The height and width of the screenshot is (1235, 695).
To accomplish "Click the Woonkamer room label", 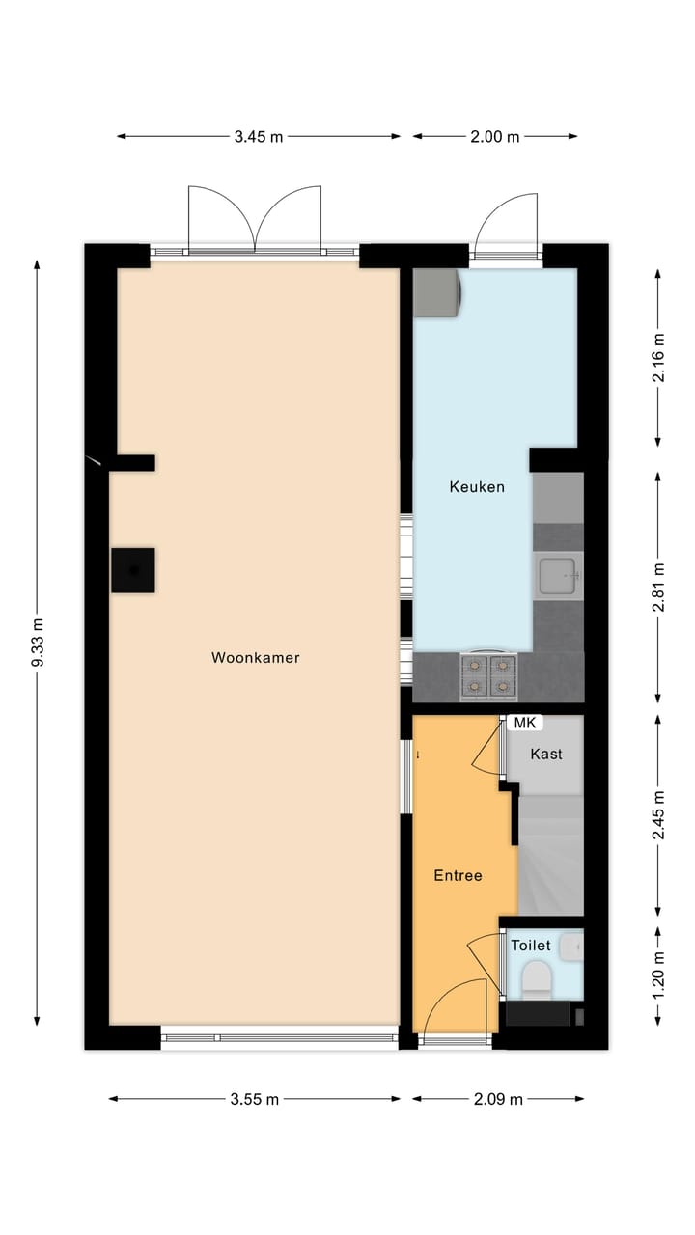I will click(x=255, y=658).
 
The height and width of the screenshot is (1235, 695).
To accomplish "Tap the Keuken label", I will click(x=477, y=487).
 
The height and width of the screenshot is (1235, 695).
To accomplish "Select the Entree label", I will click(x=458, y=876).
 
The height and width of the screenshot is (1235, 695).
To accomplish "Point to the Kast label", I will click(x=546, y=755).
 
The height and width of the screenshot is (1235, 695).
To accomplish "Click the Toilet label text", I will click(x=531, y=946).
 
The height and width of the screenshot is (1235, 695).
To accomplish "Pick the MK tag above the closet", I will click(x=524, y=723).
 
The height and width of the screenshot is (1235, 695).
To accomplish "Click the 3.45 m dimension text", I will click(x=259, y=137).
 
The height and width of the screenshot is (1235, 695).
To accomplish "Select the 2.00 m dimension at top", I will click(x=495, y=137).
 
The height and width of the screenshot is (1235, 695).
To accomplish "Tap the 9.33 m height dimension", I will click(x=38, y=643).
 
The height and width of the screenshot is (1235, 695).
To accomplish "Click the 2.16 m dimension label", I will click(x=658, y=358).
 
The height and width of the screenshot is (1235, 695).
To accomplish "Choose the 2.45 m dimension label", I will click(x=658, y=814).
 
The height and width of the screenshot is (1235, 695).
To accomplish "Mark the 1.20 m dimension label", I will click(x=658, y=975).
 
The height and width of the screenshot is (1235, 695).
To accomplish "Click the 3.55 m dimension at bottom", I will click(x=255, y=1099).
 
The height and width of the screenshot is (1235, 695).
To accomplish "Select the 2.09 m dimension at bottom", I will click(x=499, y=1099).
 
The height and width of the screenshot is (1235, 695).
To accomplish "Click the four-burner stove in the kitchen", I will click(x=489, y=675).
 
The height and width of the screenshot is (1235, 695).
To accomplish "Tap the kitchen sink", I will click(x=559, y=577).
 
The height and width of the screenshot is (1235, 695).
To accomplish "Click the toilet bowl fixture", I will click(x=535, y=982).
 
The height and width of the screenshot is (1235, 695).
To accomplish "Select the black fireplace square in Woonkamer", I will click(x=132, y=569).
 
